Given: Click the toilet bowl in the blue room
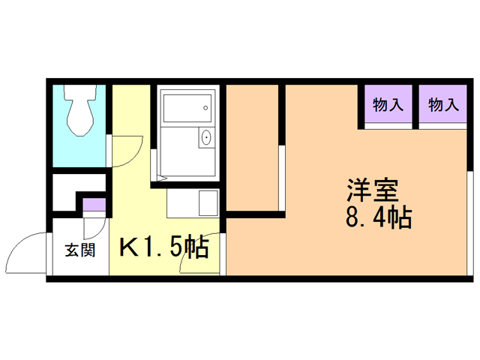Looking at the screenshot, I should tap(79, 111).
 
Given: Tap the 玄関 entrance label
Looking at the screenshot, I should tap(79, 250).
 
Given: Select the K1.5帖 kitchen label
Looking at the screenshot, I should tap(163, 247).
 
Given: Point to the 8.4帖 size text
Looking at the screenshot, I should tap(376, 219).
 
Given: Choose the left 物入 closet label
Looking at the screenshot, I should tap(388, 106).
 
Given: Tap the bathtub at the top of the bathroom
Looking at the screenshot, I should tap(187, 106).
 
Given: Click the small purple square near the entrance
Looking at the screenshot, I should tap(94, 204).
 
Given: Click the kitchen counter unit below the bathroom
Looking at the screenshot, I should tap(192, 202).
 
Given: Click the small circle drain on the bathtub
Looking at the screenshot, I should tap(204, 108).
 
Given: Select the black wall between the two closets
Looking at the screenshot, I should tap(416, 106).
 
